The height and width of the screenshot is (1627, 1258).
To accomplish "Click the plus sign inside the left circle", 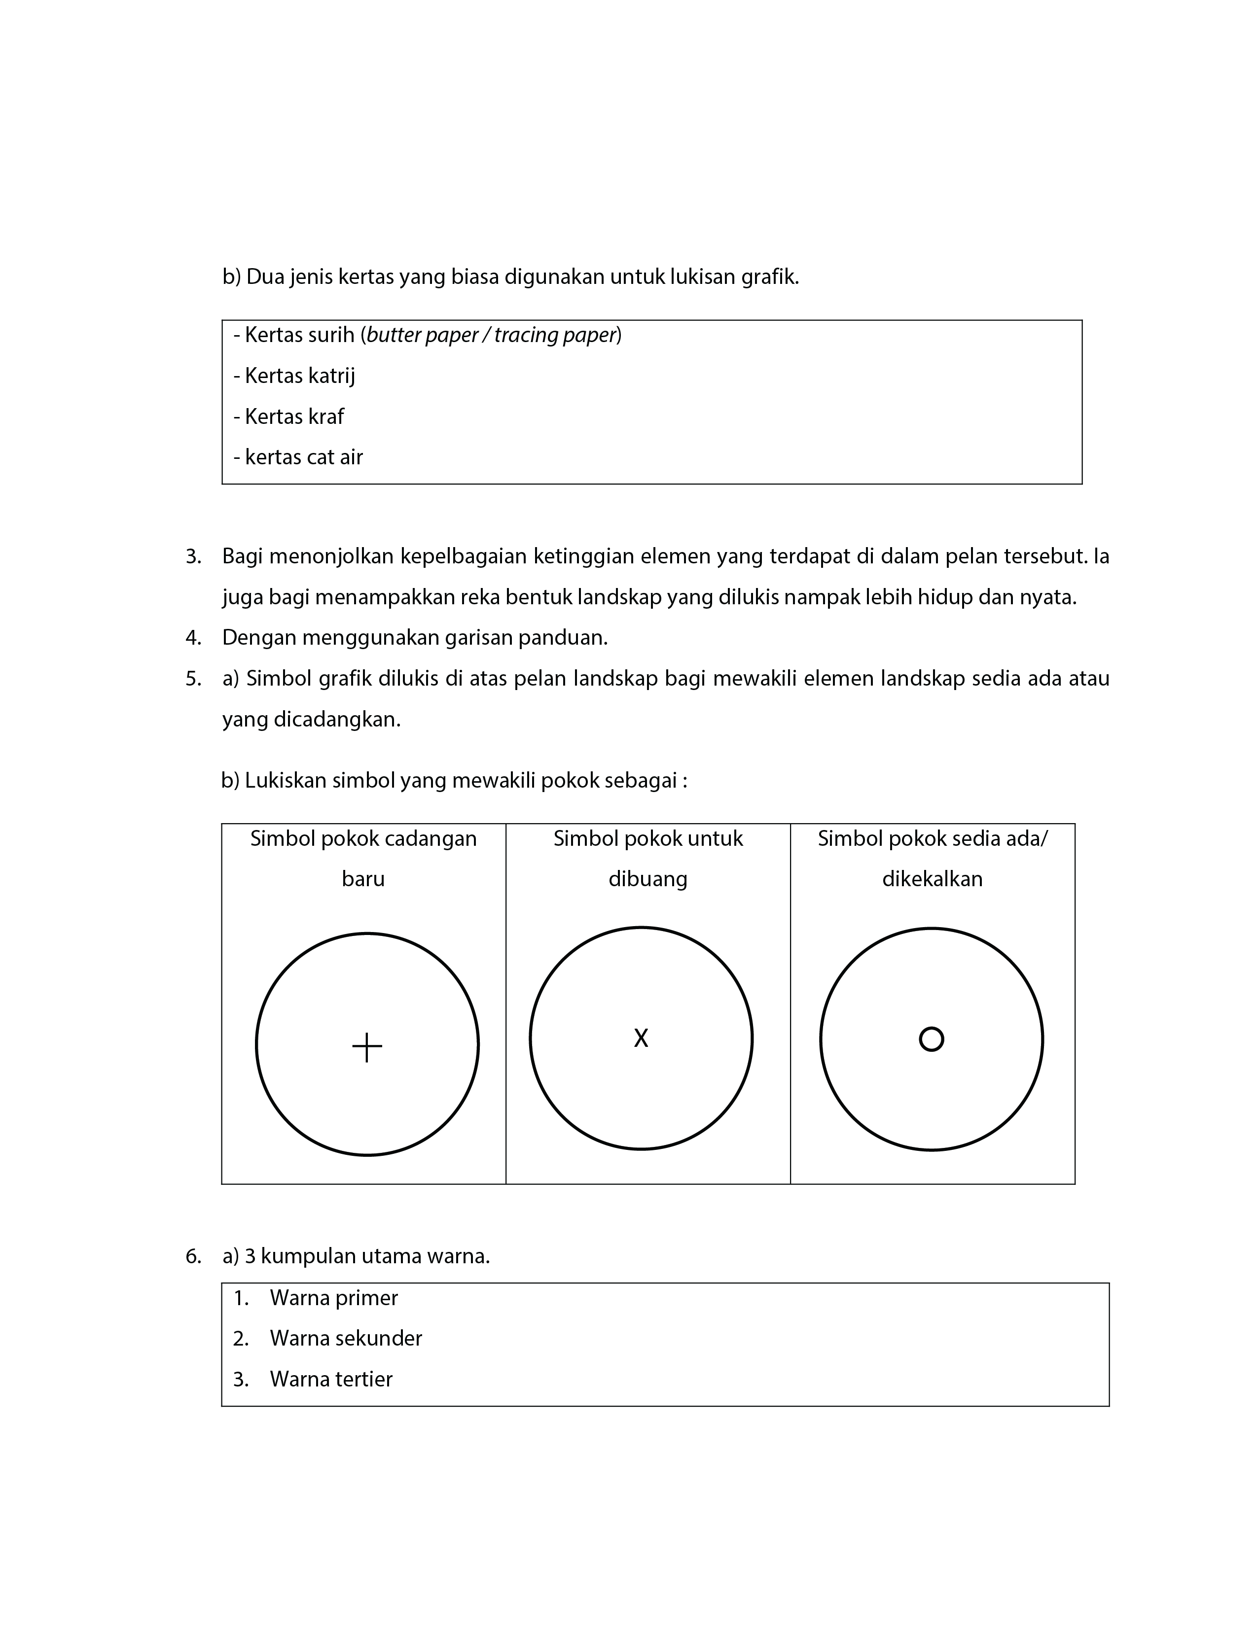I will tap(367, 1047).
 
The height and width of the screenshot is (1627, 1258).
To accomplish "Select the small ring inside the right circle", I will tap(931, 1039).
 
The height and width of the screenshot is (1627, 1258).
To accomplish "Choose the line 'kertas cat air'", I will tap(303, 457).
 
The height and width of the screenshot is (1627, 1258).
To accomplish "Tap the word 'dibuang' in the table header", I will tap(647, 879).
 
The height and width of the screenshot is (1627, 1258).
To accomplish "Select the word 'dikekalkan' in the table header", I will tap(932, 879).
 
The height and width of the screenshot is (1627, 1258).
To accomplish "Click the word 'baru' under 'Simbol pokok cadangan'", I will tap(363, 879).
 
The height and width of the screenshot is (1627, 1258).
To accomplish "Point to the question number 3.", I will tap(193, 556).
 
